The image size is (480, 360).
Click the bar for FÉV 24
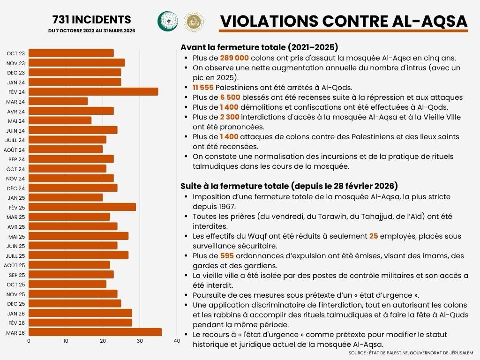tap(93, 91)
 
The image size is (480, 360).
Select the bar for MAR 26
tap(95, 332)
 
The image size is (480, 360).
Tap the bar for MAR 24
tap(58, 101)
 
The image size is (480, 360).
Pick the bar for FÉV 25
tap(82, 207)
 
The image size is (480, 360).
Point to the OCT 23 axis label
tap(16, 53)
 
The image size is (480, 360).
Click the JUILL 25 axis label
tap(15, 255)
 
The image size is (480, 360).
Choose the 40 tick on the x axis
tap(177, 341)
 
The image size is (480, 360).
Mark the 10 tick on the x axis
tap(66, 341)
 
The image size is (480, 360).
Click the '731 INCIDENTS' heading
tap(91, 20)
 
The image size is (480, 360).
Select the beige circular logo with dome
tap(193, 22)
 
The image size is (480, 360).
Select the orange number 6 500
tap(231, 97)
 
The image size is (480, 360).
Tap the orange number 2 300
tap(231, 117)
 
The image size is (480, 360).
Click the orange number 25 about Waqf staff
tap(374, 236)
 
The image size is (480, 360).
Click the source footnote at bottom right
tap(411, 352)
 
